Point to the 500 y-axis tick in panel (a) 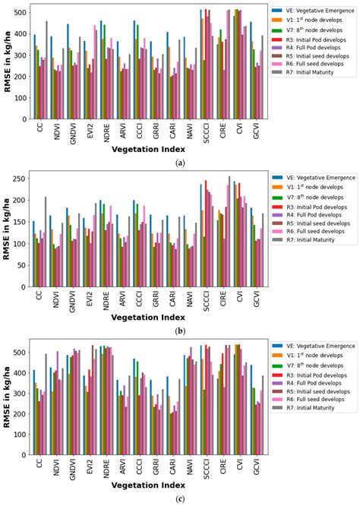tap(21, 12)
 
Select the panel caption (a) tap(180, 163)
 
